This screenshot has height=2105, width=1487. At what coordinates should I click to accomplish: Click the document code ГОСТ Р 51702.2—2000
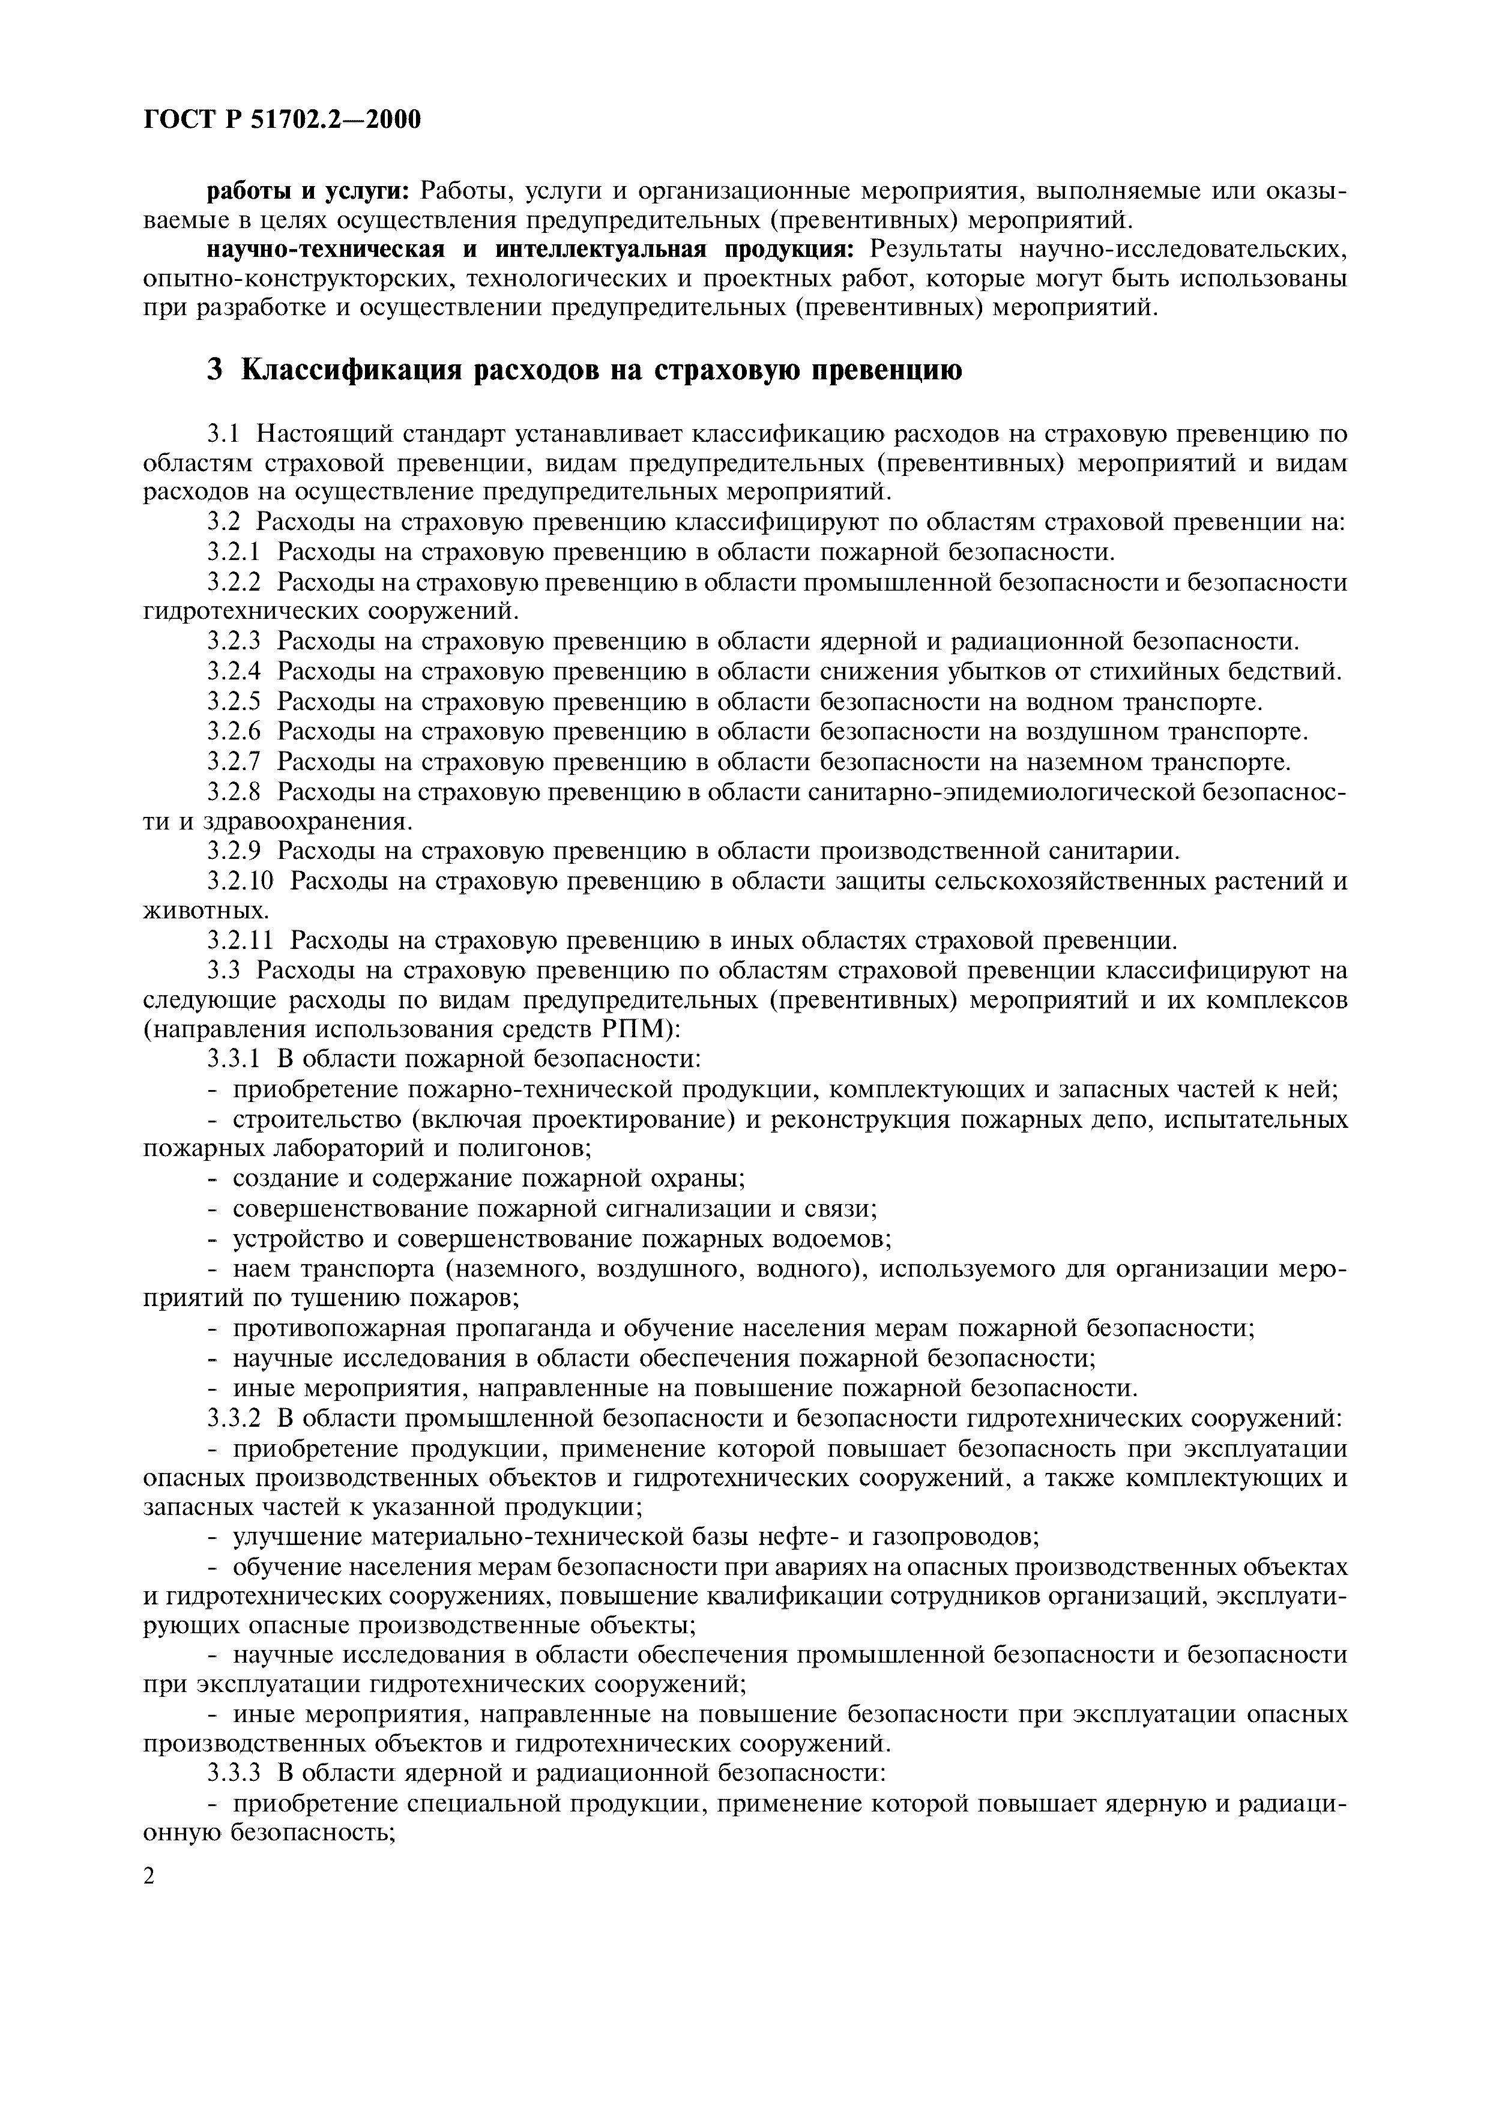coord(282,119)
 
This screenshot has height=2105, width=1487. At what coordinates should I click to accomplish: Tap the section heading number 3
coord(214,370)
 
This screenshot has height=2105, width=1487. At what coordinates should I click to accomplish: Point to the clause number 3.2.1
coord(234,552)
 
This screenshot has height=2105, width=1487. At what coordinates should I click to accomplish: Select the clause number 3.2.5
coord(234,702)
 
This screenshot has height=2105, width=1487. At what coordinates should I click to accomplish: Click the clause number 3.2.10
coord(240,882)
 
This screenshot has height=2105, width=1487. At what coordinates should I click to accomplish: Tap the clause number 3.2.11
coord(240,941)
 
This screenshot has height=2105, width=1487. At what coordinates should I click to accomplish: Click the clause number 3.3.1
coord(234,1060)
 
